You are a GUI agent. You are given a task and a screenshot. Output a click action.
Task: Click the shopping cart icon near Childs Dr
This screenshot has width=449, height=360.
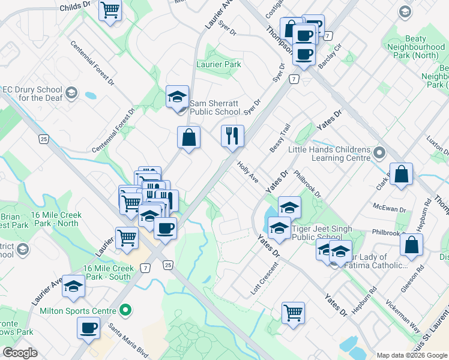tap(111, 9)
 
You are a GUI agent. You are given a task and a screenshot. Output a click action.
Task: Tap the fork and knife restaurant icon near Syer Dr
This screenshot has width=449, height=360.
tap(232, 136)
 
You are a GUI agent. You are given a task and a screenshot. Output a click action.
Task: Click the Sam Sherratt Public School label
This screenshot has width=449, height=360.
tap(215, 107)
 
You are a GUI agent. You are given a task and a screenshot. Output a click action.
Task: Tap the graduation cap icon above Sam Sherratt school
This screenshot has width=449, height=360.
tap(178, 96)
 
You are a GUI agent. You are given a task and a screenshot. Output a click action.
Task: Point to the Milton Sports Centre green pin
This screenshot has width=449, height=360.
tap(125, 310)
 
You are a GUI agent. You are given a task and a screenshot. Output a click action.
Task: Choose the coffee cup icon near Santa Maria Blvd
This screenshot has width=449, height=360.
tap(89, 328)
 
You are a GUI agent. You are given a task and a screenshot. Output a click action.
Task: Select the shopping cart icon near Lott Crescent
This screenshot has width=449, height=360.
tap(293, 311)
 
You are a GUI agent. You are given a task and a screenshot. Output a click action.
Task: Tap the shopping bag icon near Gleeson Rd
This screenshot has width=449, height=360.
tap(412, 245)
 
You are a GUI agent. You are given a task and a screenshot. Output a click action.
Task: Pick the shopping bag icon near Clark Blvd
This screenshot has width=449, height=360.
tap(401, 175)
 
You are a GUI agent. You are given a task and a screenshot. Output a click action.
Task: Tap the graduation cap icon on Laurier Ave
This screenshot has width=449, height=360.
tap(74, 287)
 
